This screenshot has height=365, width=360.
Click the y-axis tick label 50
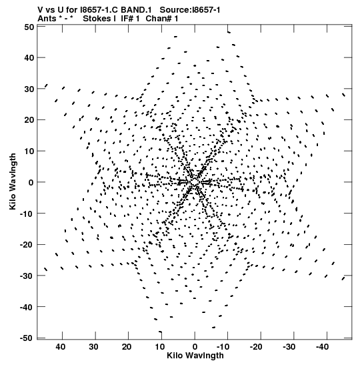pyautogui.click(x=29, y=27)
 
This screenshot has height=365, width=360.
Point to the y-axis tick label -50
pyautogui.click(x=27, y=338)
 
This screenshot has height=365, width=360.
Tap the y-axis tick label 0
pyautogui.click(x=31, y=183)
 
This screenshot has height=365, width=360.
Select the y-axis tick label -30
pyautogui.click(x=27, y=276)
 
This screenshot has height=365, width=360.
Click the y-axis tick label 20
pyautogui.click(x=29, y=120)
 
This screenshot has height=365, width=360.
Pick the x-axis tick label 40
pyautogui.click(x=61, y=347)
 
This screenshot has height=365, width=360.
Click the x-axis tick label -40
pyautogui.click(x=322, y=347)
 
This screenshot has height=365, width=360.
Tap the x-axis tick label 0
pyautogui.click(x=195, y=347)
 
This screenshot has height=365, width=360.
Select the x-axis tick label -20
pyautogui.click(x=256, y=347)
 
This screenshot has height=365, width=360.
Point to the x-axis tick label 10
pyautogui.click(x=160, y=347)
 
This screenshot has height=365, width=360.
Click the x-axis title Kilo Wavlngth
pyautogui.click(x=195, y=356)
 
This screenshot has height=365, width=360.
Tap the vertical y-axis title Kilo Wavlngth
pyautogui.click(x=13, y=181)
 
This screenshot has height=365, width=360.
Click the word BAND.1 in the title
pyautogui.click(x=136, y=10)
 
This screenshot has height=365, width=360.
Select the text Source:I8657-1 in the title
pyautogui.click(x=190, y=10)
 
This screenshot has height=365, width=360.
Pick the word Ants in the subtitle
pyautogui.click(x=47, y=19)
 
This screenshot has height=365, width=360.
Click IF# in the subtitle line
pyautogui.click(x=127, y=19)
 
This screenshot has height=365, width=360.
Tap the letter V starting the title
pyautogui.click(x=40, y=10)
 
